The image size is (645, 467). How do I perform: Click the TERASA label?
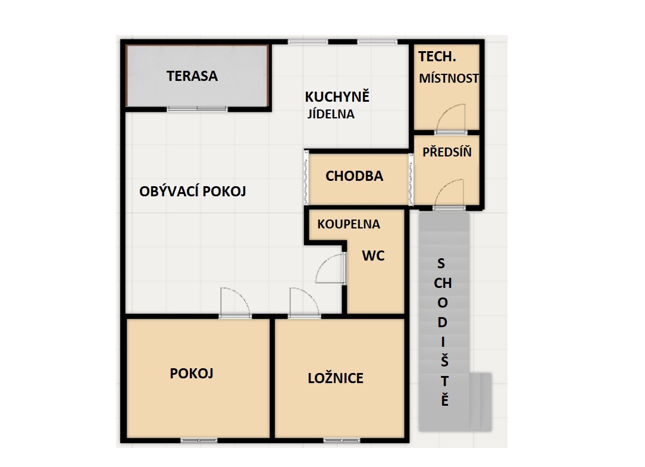(x=192, y=76)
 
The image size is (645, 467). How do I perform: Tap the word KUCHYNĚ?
(x=337, y=96)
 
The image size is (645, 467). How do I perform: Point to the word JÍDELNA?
(x=331, y=114)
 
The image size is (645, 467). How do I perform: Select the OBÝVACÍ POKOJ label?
(x=193, y=192)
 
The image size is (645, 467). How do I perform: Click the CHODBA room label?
(x=354, y=176)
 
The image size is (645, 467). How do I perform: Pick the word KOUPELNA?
(x=349, y=224)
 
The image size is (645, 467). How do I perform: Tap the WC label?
(x=373, y=256)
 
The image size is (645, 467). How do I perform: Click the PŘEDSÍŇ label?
(x=447, y=152)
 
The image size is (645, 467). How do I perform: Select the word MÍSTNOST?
(x=449, y=78)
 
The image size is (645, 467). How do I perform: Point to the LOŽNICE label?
(x=336, y=378)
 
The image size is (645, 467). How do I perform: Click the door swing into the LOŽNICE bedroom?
(x=305, y=302)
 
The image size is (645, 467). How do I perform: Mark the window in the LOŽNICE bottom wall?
(x=342, y=441)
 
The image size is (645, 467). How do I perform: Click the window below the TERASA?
(x=197, y=109)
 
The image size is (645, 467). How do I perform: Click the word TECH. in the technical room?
(x=437, y=57)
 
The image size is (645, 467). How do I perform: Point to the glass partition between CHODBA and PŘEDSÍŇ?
(x=411, y=180)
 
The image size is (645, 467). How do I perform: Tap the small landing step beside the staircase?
(x=480, y=402)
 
